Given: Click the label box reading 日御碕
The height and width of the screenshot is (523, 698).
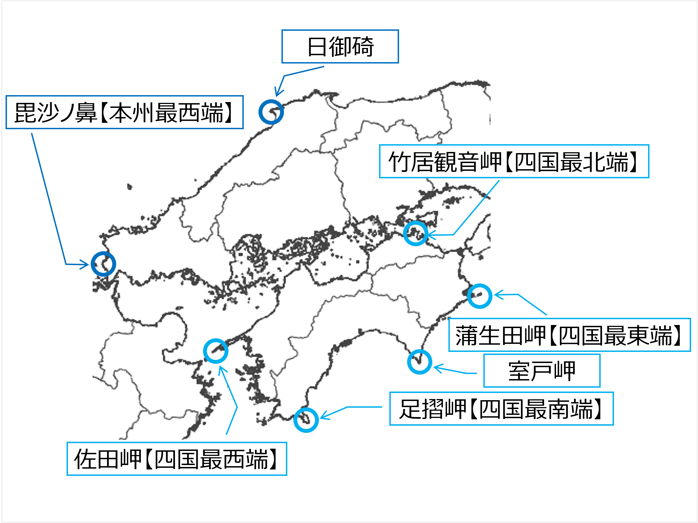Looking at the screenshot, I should (x=340, y=46).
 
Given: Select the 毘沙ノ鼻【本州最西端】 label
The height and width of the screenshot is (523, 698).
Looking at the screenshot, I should (x=124, y=112).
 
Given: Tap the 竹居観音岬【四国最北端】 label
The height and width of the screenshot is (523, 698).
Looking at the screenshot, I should (x=514, y=161).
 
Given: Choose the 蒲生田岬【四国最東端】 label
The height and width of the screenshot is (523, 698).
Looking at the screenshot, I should (x=569, y=335).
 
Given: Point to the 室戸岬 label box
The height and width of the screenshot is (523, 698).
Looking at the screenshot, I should (x=542, y=370).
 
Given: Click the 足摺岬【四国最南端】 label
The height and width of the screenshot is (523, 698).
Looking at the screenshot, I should (x=501, y=409).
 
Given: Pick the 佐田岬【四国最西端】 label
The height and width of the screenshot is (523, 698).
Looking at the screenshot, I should (x=177, y=459).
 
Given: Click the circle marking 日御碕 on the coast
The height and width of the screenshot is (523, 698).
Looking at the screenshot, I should (x=271, y=112).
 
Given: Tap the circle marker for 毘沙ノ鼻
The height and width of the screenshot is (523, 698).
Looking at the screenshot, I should (x=103, y=264).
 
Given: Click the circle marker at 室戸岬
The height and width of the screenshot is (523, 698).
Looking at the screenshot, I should (x=419, y=362).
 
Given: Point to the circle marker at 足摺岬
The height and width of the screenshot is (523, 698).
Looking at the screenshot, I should (x=306, y=420).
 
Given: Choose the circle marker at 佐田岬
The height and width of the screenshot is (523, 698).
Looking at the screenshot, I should (x=215, y=351).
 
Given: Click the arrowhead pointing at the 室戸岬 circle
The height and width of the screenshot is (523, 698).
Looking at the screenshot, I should (x=436, y=367).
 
